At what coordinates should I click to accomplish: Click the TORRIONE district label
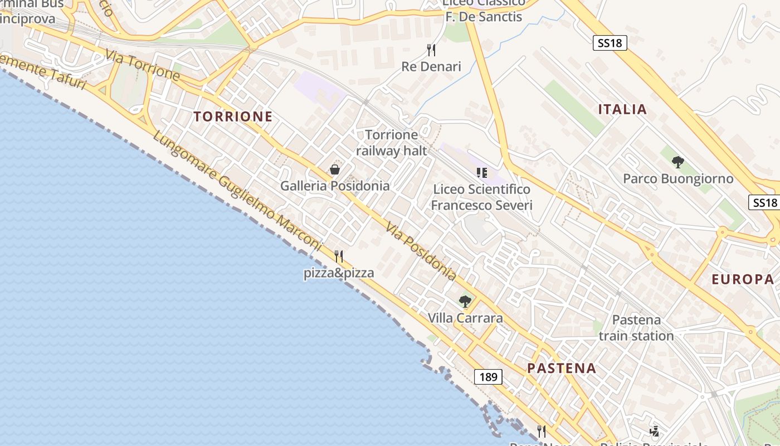click(233, 117)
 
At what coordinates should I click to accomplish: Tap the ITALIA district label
click(622, 109)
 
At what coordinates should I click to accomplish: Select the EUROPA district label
click(743, 279)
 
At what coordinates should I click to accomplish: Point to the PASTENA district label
click(562, 368)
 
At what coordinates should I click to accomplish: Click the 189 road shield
click(488, 377)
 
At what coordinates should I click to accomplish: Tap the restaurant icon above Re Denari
click(431, 50)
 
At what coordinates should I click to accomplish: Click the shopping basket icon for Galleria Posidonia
click(335, 169)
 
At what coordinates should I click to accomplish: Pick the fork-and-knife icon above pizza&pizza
click(339, 256)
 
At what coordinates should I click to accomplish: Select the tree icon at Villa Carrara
click(465, 302)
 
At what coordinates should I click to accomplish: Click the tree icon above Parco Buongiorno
click(678, 162)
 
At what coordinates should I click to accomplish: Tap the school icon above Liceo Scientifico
click(482, 173)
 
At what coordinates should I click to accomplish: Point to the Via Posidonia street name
click(421, 251)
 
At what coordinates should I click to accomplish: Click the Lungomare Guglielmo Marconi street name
click(237, 191)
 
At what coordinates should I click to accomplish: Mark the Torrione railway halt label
click(392, 143)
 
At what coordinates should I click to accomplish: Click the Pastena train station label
click(636, 328)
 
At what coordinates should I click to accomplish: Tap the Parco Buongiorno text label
click(678, 179)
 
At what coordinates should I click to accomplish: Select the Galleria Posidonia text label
click(335, 186)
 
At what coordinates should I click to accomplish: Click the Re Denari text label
click(431, 67)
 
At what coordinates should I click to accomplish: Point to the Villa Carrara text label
click(465, 318)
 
